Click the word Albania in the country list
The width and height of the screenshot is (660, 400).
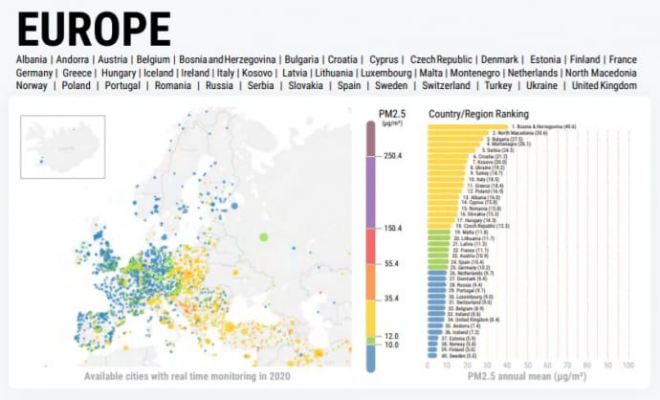(33, 59)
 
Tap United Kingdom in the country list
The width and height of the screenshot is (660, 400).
(604, 86)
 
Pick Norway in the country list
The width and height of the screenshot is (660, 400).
(32, 86)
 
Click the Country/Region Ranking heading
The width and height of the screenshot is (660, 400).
(482, 113)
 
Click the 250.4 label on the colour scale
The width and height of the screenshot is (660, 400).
(393, 156)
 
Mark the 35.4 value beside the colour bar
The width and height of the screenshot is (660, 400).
(390, 299)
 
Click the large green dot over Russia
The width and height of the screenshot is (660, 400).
(264, 236)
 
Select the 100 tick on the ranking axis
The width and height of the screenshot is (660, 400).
(628, 367)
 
